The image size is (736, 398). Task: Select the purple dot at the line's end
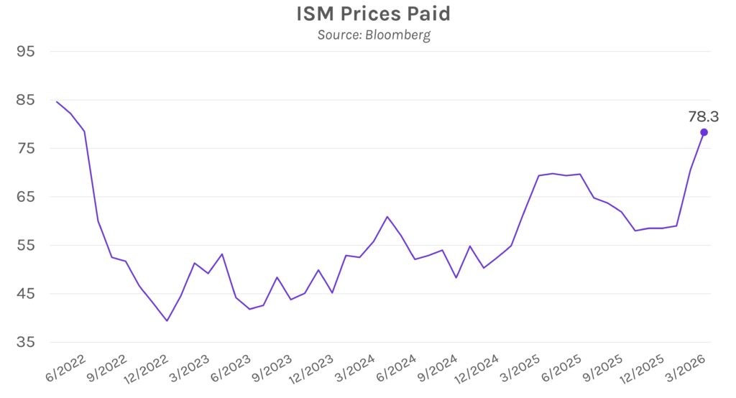pyautogui.click(x=704, y=132)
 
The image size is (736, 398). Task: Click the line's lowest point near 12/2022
pyautogui.click(x=167, y=320)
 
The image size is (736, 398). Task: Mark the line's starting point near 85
pyautogui.click(x=57, y=101)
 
